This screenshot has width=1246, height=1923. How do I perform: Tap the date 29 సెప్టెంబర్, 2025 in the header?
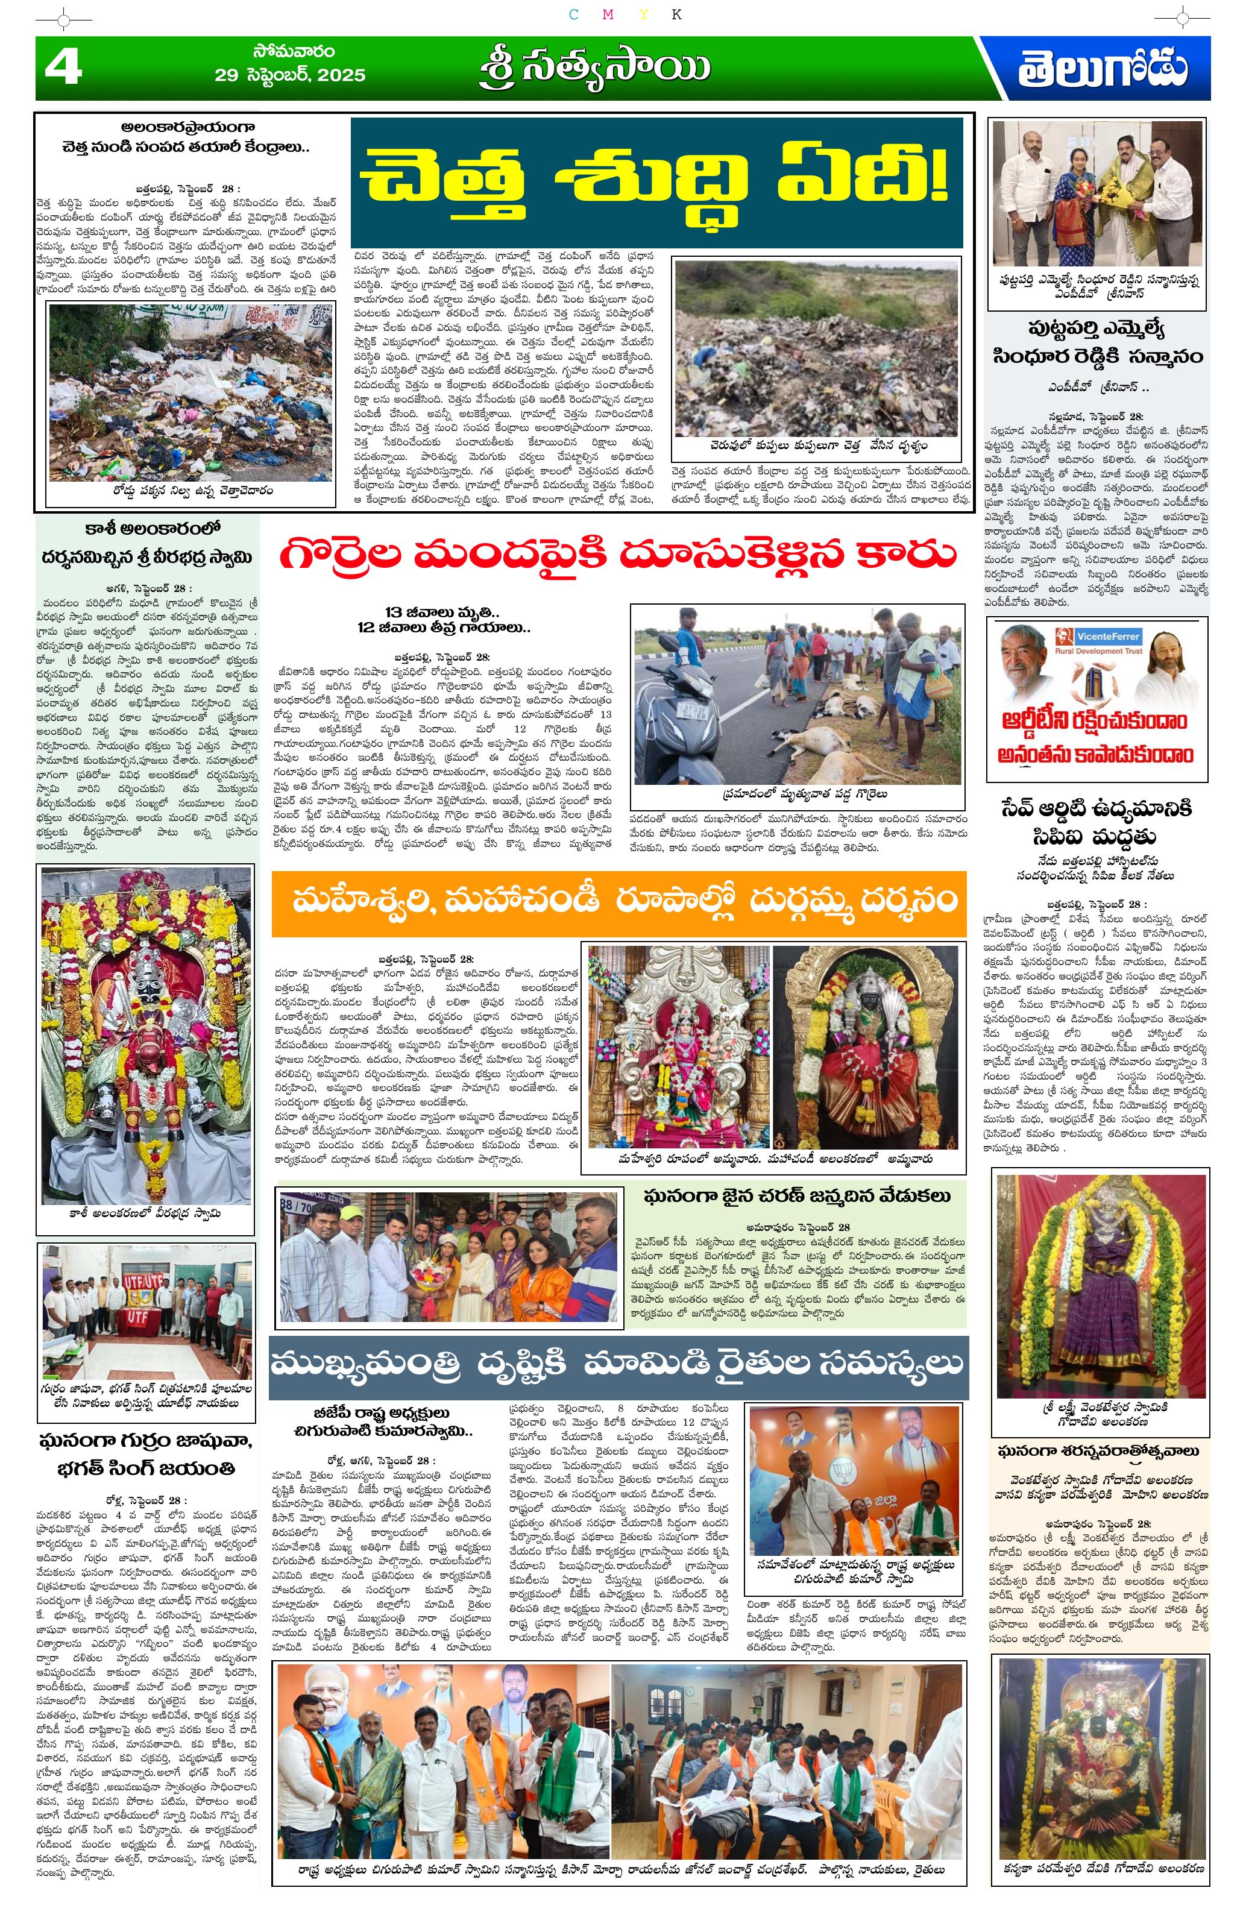pos(289,76)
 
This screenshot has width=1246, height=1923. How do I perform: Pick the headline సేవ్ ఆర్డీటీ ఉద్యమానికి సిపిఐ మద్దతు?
pos(1097,822)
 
